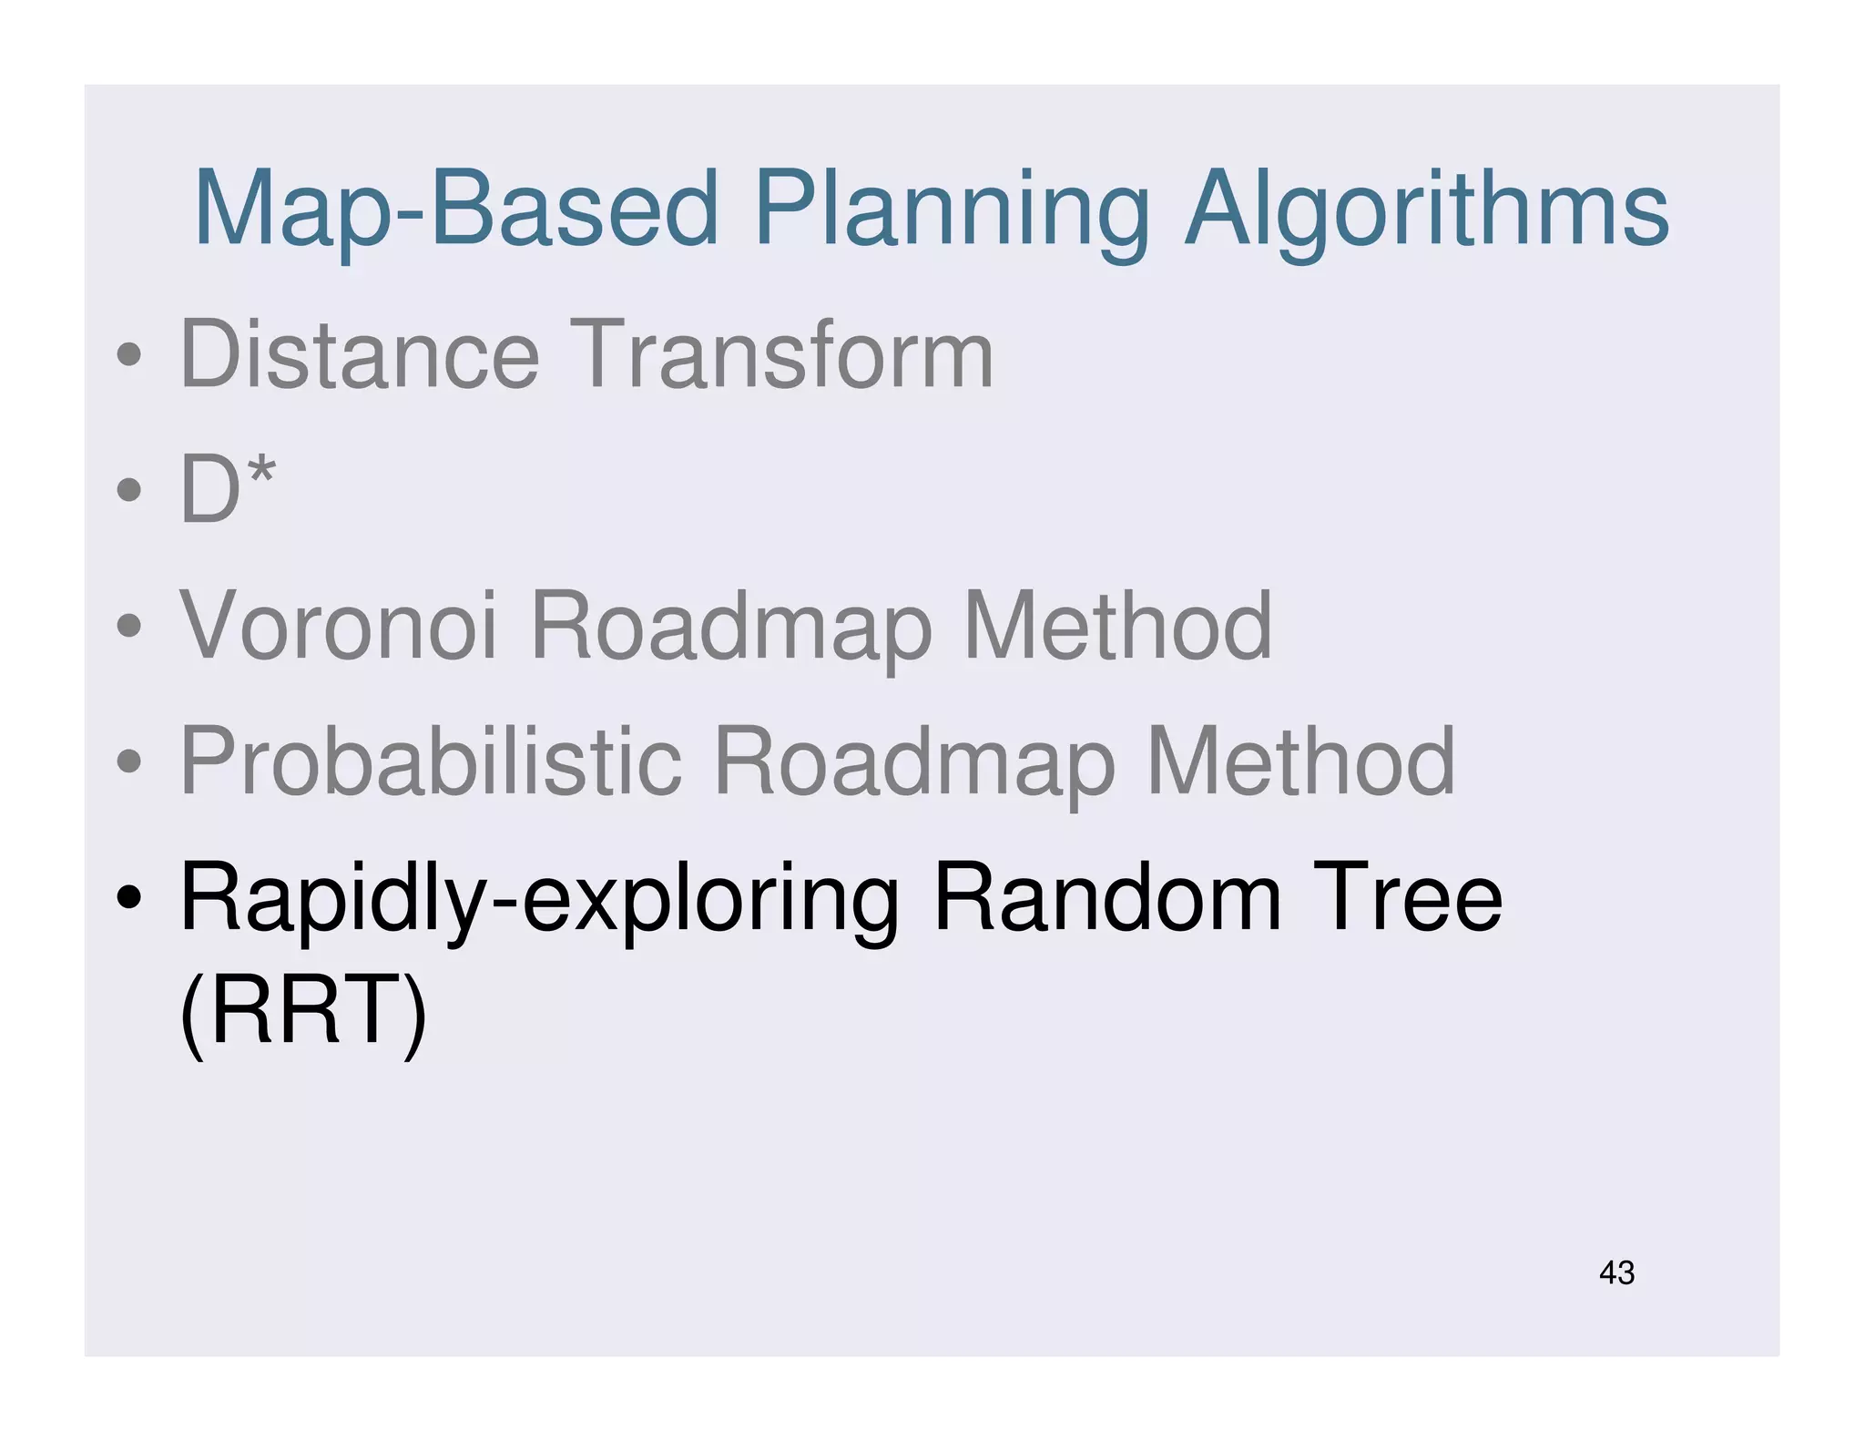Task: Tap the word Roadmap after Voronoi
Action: [x=731, y=628]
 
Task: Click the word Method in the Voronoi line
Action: [x=1117, y=626]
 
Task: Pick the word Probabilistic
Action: [x=431, y=762]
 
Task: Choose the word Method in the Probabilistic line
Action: [x=1299, y=762]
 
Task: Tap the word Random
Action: [x=1107, y=898]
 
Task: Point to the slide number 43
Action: [x=1616, y=1272]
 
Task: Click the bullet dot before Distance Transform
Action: [x=129, y=354]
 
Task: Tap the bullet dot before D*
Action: [x=129, y=490]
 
